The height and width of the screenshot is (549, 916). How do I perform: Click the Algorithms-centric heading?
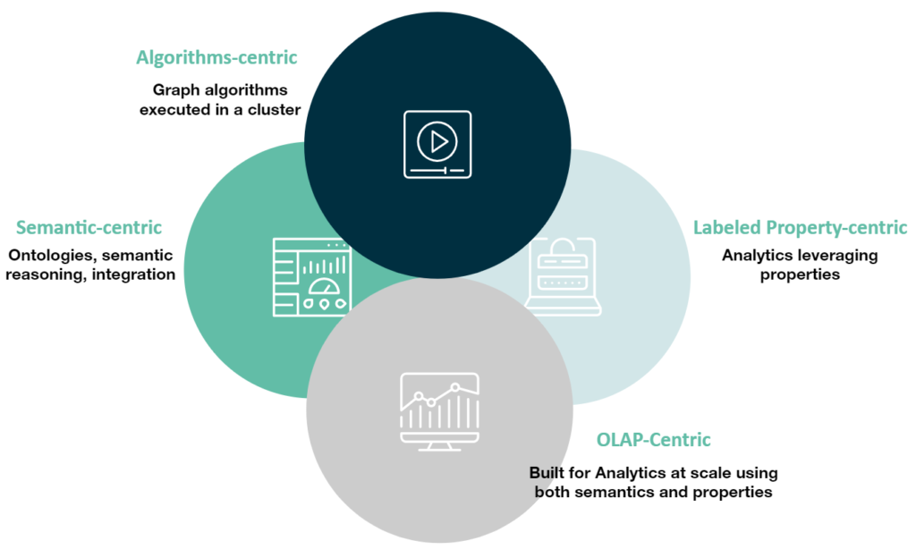(216, 58)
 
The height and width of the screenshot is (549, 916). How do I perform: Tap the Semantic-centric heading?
(89, 228)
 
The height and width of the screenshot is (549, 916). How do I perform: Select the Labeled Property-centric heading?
(800, 228)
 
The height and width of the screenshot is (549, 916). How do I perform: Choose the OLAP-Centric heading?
(653, 440)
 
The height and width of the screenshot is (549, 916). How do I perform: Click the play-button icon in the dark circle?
(437, 142)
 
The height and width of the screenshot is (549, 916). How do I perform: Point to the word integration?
(131, 274)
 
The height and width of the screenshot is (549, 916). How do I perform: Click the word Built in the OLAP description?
(547, 472)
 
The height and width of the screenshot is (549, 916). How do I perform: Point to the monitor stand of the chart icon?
(438, 445)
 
